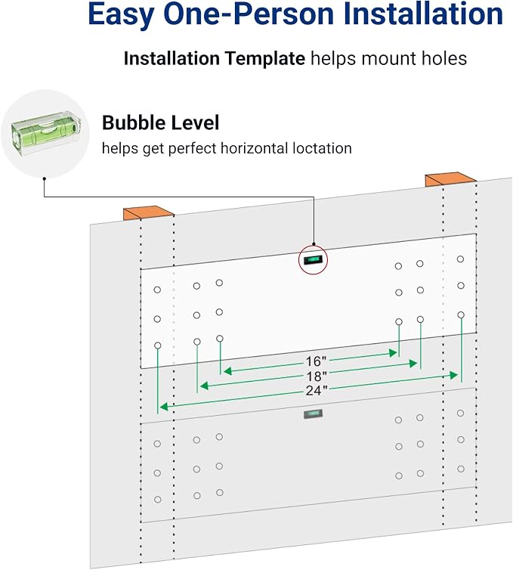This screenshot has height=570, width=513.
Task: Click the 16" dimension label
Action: (x=316, y=361)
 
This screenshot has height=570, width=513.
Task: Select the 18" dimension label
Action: (x=317, y=376)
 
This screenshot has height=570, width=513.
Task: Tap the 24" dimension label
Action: (x=317, y=391)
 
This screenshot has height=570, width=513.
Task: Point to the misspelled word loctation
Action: (x=323, y=148)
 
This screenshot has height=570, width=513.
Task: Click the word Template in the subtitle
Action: (x=265, y=58)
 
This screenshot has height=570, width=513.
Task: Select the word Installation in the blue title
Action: (x=423, y=14)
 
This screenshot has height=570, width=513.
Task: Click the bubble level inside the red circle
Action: (x=314, y=259)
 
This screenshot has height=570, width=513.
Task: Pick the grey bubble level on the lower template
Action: (x=314, y=414)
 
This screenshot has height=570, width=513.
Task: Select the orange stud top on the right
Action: (x=451, y=179)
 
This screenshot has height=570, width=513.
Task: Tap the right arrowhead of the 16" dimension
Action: (x=393, y=352)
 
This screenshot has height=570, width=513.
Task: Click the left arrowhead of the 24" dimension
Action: (x=164, y=407)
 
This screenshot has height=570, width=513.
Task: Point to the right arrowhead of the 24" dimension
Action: (x=453, y=375)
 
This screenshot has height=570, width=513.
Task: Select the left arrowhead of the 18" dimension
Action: (x=204, y=386)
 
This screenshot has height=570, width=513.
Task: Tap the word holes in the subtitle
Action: (x=444, y=58)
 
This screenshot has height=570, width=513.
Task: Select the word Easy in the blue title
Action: (x=122, y=14)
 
